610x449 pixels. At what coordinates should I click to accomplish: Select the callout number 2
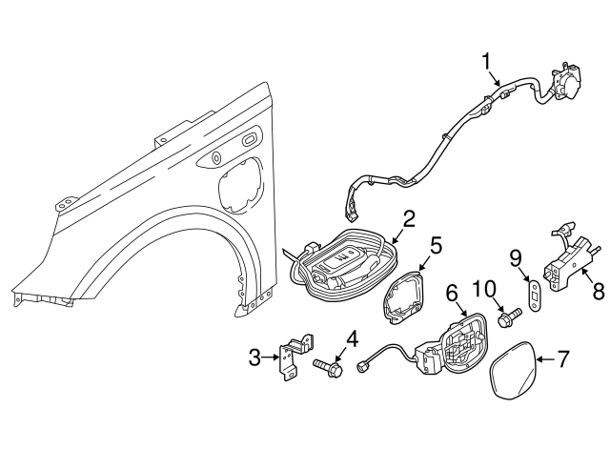[x=408, y=218]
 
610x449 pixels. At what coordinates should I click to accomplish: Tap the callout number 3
[x=254, y=357]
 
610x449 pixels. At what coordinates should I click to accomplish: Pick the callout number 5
[x=435, y=245]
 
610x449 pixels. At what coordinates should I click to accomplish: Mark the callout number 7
[x=562, y=359]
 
